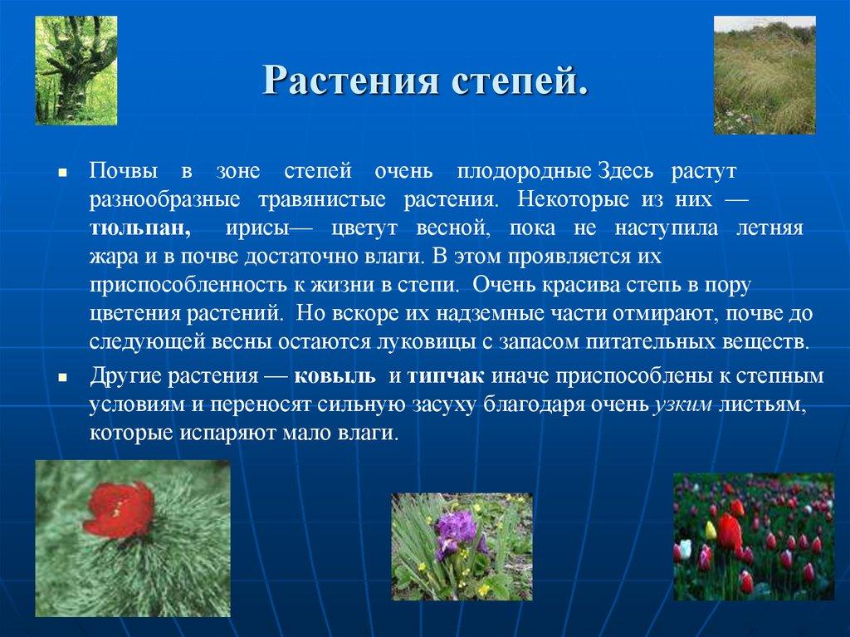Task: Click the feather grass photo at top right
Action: [765, 75]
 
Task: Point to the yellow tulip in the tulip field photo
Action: [711, 529]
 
